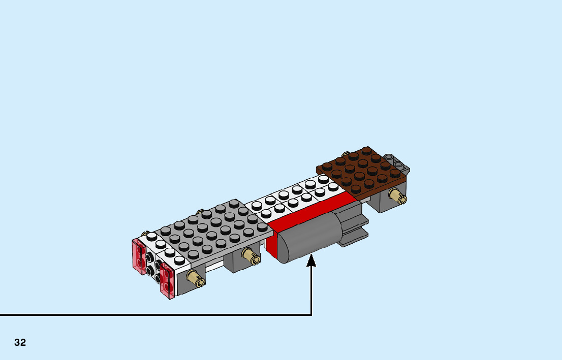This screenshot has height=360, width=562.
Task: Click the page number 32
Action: [20, 343]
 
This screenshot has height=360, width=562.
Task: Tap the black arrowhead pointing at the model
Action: [311, 260]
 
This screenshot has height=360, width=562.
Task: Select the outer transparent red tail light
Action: [139, 257]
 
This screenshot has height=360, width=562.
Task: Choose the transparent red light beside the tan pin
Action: [167, 282]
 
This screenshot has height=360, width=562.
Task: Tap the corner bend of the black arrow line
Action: [311, 315]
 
